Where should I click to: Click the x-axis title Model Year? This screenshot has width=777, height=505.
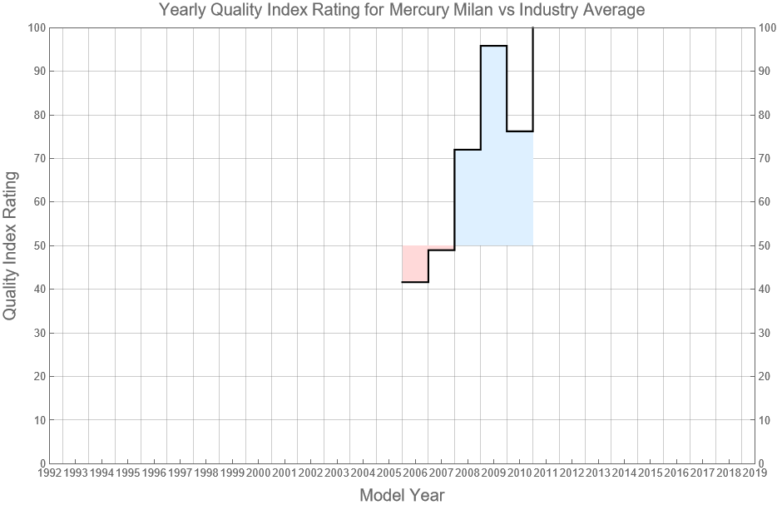click(x=402, y=495)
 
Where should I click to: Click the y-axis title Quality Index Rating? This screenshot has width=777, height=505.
click(x=11, y=245)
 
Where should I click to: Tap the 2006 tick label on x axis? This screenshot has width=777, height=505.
click(x=415, y=473)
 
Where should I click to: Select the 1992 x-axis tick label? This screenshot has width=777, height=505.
click(x=49, y=473)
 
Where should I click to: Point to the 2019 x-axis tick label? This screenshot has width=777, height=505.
click(x=755, y=473)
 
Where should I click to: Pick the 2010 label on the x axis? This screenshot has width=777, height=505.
click(x=519, y=473)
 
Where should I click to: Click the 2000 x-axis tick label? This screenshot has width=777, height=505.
click(x=258, y=473)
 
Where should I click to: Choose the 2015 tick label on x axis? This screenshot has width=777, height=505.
click(x=650, y=473)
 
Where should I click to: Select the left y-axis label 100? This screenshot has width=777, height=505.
click(x=36, y=27)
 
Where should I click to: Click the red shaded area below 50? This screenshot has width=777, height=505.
click(x=414, y=264)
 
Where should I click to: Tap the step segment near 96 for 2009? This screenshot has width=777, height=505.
click(x=493, y=46)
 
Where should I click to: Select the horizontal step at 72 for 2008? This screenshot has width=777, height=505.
click(x=468, y=150)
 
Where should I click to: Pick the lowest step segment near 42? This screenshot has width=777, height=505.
click(x=415, y=282)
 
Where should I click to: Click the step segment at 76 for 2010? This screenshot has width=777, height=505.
click(x=520, y=131)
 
